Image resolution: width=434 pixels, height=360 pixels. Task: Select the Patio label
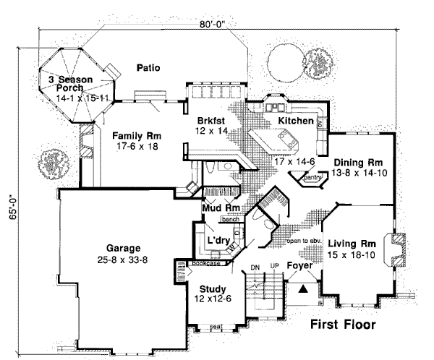pos(147,69)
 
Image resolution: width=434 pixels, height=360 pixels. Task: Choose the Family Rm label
pos(136,135)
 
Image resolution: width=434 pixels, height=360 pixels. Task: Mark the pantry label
pos(312,176)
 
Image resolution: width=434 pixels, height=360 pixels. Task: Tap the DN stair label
pos(255,267)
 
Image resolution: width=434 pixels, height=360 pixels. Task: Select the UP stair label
pos(273,267)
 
